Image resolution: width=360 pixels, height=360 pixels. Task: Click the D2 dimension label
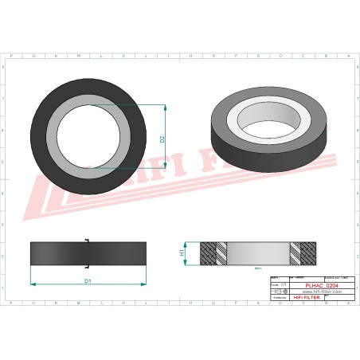[x=162, y=137]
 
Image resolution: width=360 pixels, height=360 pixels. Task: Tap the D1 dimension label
[x=88, y=280]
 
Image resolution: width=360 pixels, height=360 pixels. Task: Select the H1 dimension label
[x=182, y=252]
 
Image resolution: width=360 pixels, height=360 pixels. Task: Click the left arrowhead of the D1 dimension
[x=33, y=284]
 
